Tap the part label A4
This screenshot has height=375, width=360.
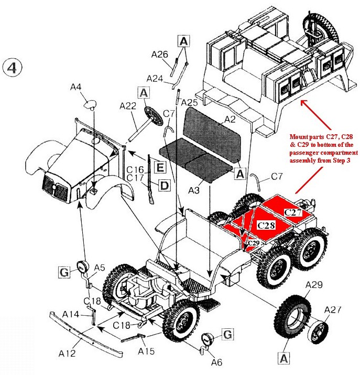click(76, 88)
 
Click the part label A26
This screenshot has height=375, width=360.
click(159, 54)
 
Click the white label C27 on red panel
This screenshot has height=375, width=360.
click(293, 212)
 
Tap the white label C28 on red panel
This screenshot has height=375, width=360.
click(267, 224)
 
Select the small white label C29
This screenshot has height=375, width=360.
click(254, 243)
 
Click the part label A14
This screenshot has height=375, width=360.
click(71, 314)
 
